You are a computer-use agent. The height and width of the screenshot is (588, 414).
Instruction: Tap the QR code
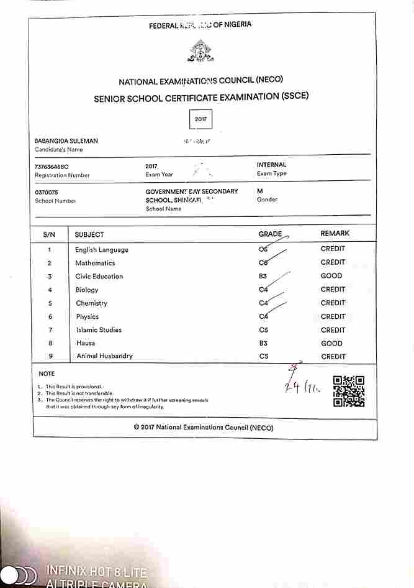click(348, 391)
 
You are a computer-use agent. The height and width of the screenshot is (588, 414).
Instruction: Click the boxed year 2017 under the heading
click(200, 118)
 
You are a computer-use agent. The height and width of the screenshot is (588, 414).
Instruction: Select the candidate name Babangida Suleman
click(66, 141)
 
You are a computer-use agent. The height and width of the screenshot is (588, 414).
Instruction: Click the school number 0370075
click(47, 192)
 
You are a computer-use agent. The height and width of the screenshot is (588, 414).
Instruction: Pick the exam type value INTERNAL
click(272, 165)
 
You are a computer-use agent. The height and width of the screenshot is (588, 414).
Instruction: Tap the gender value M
click(260, 191)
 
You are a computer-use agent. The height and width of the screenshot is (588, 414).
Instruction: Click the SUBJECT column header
click(89, 234)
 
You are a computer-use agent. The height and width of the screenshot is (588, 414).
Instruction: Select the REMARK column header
click(335, 233)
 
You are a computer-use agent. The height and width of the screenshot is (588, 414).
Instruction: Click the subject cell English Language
click(102, 250)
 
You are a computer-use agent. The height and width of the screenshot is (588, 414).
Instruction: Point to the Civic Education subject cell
click(99, 277)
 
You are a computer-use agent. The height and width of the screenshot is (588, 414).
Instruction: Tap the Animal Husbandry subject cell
click(104, 356)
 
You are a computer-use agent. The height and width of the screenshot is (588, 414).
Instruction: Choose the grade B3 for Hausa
click(264, 343)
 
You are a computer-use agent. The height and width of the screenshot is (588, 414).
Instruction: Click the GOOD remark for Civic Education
click(331, 276)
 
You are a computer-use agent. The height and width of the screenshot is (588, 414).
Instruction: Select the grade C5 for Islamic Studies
click(264, 330)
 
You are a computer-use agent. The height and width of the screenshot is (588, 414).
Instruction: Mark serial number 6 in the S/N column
click(49, 317)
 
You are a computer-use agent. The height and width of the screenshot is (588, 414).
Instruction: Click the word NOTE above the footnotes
click(47, 374)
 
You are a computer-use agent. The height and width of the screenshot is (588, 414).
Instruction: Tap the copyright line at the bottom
click(203, 428)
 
